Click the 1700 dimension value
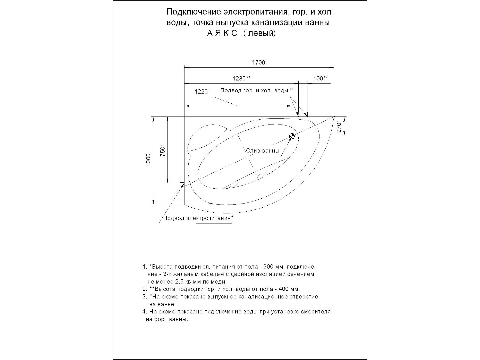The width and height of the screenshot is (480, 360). pyautogui.click(x=258, y=62)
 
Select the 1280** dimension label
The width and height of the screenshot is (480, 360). pyautogui.click(x=241, y=78)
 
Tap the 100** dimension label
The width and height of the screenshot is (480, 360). pyautogui.click(x=321, y=78)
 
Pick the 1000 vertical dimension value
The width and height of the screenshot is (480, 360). pyautogui.click(x=148, y=160)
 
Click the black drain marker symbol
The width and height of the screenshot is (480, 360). pyautogui.click(x=292, y=136)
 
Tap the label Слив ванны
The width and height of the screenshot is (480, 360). pyautogui.click(x=263, y=151)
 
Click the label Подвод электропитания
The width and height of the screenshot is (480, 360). pyautogui.click(x=197, y=218)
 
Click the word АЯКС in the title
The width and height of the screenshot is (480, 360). pyautogui.click(x=222, y=33)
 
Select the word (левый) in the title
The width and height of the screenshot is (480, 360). pyautogui.click(x=259, y=33)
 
